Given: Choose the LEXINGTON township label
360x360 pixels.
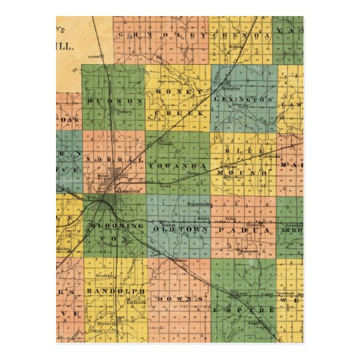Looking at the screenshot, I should [x=247, y=100].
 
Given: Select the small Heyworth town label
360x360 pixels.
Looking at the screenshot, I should [x=103, y=323].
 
